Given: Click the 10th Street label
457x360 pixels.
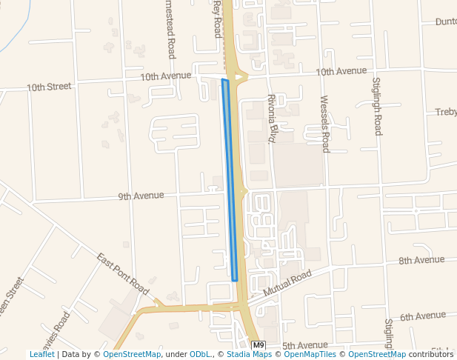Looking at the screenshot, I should coord(49,87).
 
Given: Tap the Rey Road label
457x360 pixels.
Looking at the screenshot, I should coord(217,19).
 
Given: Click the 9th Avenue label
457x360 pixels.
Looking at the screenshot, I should coord(141,196).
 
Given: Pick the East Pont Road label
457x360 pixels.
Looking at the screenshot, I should coord(123,271).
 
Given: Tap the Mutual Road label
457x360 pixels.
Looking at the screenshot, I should coord(287,284).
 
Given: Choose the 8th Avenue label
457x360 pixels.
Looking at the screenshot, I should coord(421,260).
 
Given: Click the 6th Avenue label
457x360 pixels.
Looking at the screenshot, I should coord(423,316).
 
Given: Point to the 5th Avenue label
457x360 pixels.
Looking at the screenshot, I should coord(304,345).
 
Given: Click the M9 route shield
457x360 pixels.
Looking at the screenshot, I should coord(258,345).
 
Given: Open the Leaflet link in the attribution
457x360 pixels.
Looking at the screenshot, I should coord(42,355).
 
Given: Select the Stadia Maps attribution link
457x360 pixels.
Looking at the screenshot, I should coord(248,355).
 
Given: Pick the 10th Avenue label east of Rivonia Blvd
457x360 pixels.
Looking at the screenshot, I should coord(341,71).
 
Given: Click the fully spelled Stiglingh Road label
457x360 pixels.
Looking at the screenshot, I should coord(376,106).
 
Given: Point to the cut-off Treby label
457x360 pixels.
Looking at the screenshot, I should coord(446,112).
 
